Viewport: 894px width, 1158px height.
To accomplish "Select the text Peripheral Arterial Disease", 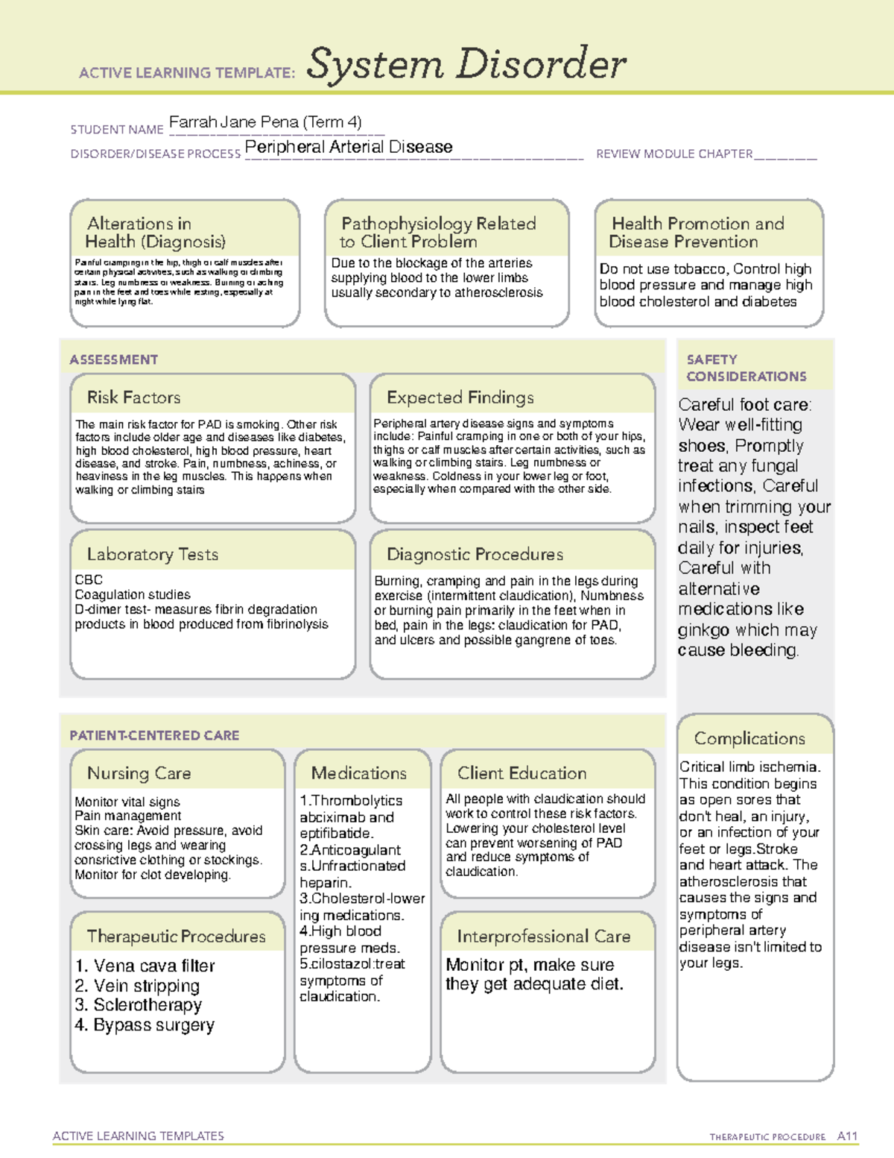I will click(x=348, y=147).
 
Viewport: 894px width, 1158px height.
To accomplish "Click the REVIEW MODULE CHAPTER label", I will click(x=674, y=154).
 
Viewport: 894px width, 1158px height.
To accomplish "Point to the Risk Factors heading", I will click(x=133, y=397).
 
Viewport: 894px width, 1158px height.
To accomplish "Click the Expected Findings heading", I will click(x=460, y=397).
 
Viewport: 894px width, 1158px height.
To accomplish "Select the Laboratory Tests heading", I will click(x=152, y=554).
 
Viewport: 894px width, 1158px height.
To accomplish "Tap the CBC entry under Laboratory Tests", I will click(x=89, y=579).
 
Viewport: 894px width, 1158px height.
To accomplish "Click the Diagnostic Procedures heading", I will click(x=475, y=554).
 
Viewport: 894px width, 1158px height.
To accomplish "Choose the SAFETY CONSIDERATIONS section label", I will click(x=746, y=368).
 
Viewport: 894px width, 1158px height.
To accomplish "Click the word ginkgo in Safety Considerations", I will click(x=704, y=630).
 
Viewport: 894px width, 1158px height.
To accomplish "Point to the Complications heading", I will click(x=749, y=738).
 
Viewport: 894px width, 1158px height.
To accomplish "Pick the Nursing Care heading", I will click(x=139, y=773).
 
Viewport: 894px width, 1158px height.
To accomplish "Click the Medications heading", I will click(x=359, y=773).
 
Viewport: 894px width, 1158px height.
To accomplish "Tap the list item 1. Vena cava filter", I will click(x=145, y=966).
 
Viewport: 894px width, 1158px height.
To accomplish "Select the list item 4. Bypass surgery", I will click(x=145, y=1025).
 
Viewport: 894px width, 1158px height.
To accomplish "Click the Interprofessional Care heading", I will click(x=544, y=937).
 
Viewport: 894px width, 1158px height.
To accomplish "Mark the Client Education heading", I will click(x=521, y=773).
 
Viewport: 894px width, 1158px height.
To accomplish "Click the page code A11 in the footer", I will click(x=847, y=1136).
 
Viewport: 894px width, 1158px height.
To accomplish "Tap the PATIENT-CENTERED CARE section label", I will click(x=154, y=735).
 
